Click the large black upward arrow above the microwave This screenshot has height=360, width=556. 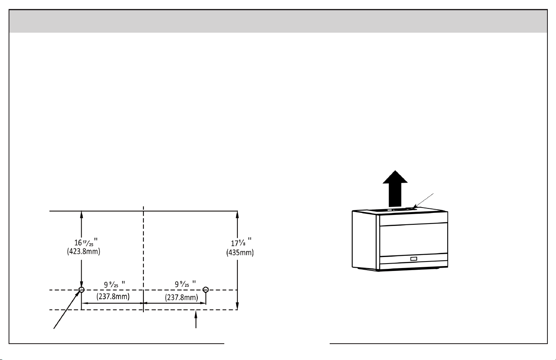(x=395, y=189)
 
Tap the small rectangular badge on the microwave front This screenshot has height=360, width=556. (x=413, y=259)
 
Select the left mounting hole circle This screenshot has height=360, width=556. (x=81, y=289)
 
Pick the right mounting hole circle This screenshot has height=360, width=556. (x=205, y=289)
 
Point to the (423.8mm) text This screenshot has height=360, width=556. (x=84, y=251)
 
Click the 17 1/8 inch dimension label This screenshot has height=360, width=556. (x=241, y=242)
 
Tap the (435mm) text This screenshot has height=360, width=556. (x=240, y=253)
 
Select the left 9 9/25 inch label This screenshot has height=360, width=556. (x=114, y=284)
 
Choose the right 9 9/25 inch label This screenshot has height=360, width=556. (x=185, y=284)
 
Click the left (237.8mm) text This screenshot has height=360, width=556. (x=113, y=296)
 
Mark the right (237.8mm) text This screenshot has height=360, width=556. (x=181, y=297)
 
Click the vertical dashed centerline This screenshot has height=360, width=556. (x=143, y=259)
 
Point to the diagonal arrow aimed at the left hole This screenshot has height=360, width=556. (x=67, y=309)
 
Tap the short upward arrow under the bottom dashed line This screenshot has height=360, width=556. (x=196, y=319)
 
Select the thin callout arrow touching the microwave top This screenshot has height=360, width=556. (x=423, y=201)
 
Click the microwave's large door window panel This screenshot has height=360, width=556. (x=414, y=240)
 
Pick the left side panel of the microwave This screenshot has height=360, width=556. (x=364, y=241)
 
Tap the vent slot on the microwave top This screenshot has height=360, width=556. (x=392, y=210)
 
